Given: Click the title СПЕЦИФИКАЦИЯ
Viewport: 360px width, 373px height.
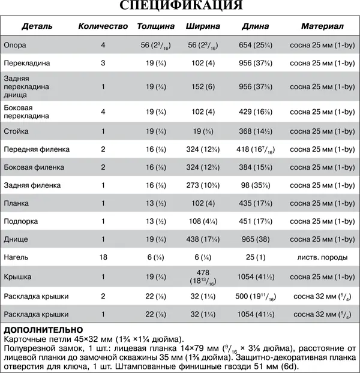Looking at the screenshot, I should [x=180, y=6].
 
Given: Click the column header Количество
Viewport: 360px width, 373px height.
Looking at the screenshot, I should [x=103, y=27].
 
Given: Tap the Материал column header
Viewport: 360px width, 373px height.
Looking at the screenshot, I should [x=322, y=27].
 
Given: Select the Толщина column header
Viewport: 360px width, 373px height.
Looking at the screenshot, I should [x=155, y=27].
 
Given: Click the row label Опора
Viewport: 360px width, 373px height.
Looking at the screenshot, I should [x=14, y=45].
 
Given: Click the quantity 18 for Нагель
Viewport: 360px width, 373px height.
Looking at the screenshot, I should [x=103, y=257].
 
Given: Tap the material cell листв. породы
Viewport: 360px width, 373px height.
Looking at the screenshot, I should [x=322, y=257].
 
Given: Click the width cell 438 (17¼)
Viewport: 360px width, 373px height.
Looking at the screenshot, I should [x=203, y=239].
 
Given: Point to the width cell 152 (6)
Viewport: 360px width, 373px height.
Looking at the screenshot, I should [x=203, y=86].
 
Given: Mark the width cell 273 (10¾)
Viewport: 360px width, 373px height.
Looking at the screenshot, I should [x=203, y=185].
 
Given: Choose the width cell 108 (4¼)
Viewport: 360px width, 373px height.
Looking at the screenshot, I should [x=203, y=221].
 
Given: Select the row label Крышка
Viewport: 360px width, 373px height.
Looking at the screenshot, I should [x=18, y=277].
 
